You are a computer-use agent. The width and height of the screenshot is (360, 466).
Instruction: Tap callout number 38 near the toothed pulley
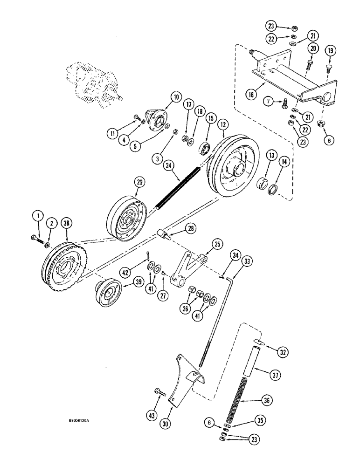click(68, 223)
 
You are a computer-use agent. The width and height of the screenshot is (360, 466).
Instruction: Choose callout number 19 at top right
click(329, 51)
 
